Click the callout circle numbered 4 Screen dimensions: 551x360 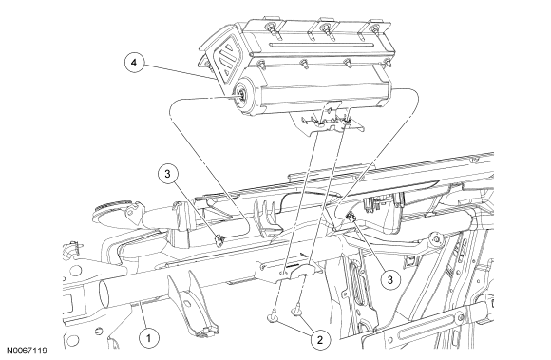(134, 63)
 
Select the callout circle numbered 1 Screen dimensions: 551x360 (148, 338)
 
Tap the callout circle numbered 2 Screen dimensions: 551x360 (320, 340)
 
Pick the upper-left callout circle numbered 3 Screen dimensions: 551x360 (167, 174)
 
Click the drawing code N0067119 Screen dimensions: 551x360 (27, 351)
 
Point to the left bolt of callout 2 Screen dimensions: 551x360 (273, 318)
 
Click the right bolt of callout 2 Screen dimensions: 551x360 (296, 311)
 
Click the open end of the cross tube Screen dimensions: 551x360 (104, 294)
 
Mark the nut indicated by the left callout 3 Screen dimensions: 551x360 (220, 240)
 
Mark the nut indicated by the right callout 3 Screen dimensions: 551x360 (351, 218)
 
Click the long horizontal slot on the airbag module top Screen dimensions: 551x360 (322, 45)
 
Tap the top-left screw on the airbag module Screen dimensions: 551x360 (272, 27)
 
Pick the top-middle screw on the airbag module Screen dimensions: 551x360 (326, 28)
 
